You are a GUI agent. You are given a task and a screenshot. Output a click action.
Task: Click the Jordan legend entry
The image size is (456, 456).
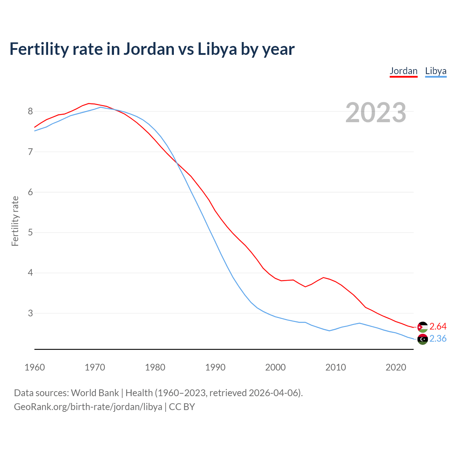403,71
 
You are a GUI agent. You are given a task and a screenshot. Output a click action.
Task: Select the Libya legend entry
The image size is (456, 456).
436,71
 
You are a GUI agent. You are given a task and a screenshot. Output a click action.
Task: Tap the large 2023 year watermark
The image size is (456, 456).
375,113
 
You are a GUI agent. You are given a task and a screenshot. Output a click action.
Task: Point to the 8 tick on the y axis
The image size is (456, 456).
30,112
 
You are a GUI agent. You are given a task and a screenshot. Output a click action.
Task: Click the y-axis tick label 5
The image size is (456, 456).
30,233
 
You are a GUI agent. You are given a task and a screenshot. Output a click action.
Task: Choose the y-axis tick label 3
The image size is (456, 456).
30,313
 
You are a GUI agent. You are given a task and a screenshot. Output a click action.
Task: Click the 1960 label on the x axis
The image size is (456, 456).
35,367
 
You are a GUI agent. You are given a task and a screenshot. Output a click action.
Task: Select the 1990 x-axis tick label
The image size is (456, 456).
215,367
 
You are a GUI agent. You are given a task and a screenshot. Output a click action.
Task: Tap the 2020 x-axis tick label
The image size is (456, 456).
396,367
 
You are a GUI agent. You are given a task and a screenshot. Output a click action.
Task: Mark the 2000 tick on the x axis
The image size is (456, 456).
275,367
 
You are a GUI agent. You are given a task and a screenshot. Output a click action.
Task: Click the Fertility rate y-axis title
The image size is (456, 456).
15,221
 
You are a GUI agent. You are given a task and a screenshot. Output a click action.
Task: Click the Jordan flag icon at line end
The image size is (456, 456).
423,327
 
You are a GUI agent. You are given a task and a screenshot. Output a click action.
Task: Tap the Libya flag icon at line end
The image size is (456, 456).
423,339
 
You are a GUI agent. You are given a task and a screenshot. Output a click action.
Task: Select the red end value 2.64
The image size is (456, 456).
438,327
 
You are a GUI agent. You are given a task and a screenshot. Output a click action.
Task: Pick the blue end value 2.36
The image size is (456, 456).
438,339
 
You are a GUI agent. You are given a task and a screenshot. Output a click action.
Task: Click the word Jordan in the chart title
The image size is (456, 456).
149,49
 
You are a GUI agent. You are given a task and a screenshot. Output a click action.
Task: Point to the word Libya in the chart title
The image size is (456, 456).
217,49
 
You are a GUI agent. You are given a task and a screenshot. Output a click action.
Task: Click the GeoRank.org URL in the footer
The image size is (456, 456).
88,407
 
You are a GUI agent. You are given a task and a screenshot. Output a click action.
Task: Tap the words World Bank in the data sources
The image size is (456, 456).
95,393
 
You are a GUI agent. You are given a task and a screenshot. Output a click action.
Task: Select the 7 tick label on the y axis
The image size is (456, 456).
30,152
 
